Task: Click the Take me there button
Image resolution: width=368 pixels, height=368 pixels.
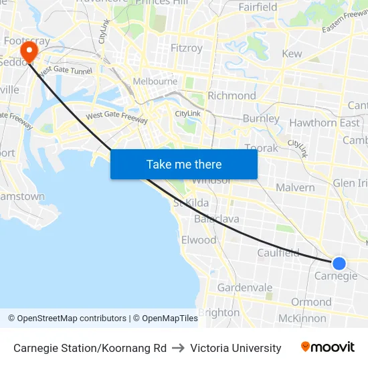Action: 184,165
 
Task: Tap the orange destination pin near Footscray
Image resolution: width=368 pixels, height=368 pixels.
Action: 29,52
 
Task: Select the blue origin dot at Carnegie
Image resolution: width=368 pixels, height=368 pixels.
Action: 339,264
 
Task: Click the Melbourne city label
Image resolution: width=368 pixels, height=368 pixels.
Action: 155,82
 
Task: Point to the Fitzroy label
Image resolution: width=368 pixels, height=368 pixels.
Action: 187,48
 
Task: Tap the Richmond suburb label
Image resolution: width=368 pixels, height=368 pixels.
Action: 232,96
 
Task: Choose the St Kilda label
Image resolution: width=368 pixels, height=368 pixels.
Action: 191,203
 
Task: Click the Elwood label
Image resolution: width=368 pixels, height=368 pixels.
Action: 199,240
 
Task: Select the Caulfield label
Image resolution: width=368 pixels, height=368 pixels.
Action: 278,252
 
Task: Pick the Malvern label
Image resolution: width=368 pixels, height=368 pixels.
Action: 295,187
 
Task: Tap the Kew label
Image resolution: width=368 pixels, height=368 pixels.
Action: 292,54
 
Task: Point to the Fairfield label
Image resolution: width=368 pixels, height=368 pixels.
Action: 258,7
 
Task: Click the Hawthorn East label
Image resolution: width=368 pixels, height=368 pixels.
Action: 324,123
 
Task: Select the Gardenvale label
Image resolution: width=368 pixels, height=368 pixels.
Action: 245,288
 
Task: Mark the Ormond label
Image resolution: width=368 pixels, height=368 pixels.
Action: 311,302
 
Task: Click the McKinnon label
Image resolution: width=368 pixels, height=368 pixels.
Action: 302,318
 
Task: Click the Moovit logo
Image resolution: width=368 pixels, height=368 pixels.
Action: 327,347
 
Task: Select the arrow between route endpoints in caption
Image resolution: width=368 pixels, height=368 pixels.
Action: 178,348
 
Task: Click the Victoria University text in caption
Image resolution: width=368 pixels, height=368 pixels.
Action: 236,348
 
